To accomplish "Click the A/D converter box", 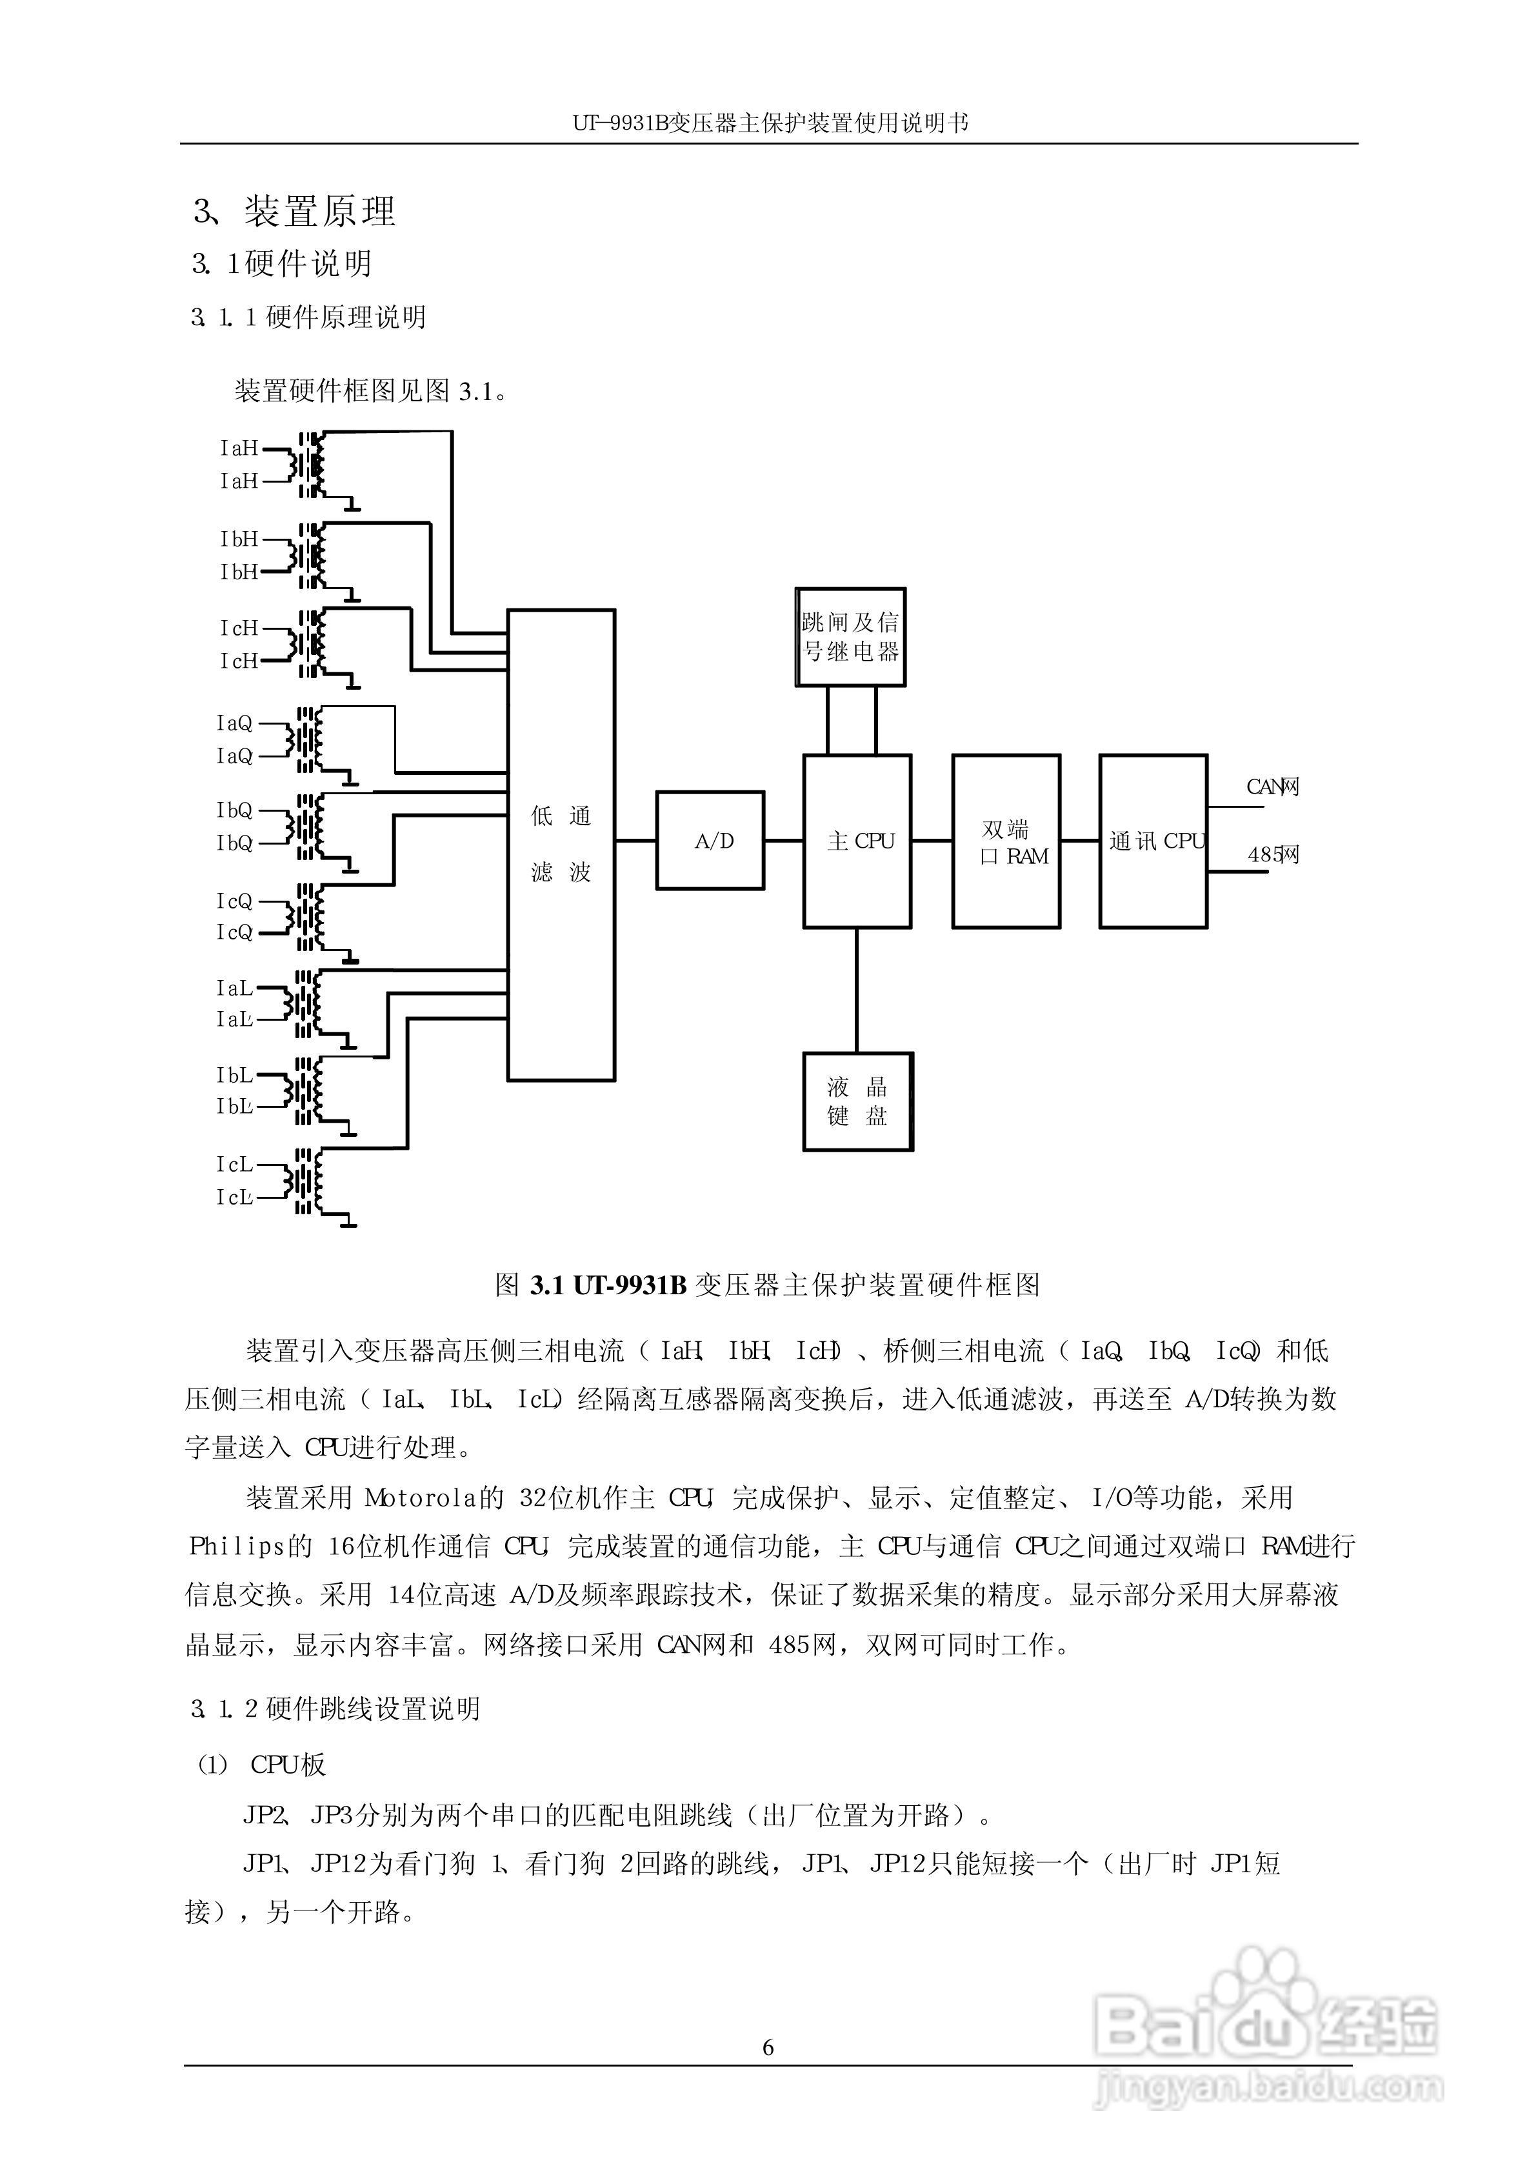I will point(710,841).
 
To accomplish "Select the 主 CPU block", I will point(857,841).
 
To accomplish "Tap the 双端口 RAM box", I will point(1006,841).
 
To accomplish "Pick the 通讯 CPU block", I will point(1153,841).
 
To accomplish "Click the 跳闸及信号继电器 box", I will point(850,636).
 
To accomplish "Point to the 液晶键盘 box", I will point(858,1101).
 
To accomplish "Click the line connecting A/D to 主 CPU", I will point(784,841).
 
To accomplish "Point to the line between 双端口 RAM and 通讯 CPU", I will point(1079,841).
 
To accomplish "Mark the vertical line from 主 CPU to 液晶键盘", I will point(857,990).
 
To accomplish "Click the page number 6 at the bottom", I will point(768,2047).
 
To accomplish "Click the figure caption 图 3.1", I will point(767,1285).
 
